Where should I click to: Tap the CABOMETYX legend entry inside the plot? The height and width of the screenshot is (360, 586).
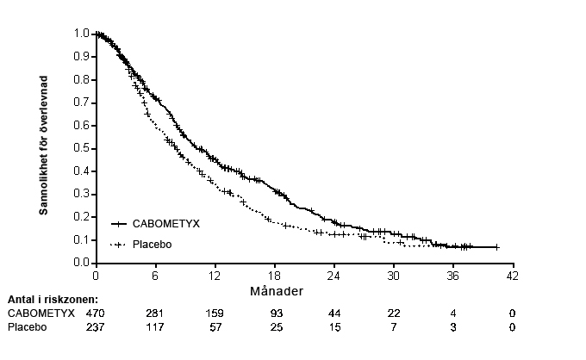[x=165, y=224]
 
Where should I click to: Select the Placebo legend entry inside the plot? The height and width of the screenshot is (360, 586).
[x=153, y=245]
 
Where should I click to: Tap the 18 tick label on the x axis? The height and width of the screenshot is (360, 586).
[x=274, y=276]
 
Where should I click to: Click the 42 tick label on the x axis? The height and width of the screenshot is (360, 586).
[x=512, y=276]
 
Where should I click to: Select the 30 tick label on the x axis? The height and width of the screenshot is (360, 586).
[x=393, y=276]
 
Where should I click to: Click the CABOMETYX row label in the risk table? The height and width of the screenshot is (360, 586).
[x=41, y=313]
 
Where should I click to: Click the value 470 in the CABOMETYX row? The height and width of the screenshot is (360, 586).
[x=95, y=313]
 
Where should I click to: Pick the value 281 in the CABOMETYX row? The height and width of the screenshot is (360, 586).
[x=154, y=313]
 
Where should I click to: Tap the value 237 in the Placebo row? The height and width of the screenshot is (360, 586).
[x=95, y=327]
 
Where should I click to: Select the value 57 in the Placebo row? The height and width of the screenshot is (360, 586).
[x=215, y=327]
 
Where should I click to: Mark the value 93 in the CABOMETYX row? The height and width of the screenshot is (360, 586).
[x=274, y=313]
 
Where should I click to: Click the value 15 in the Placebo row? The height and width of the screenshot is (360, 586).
[x=334, y=327]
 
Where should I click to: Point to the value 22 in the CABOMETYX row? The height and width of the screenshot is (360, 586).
[x=393, y=313]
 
